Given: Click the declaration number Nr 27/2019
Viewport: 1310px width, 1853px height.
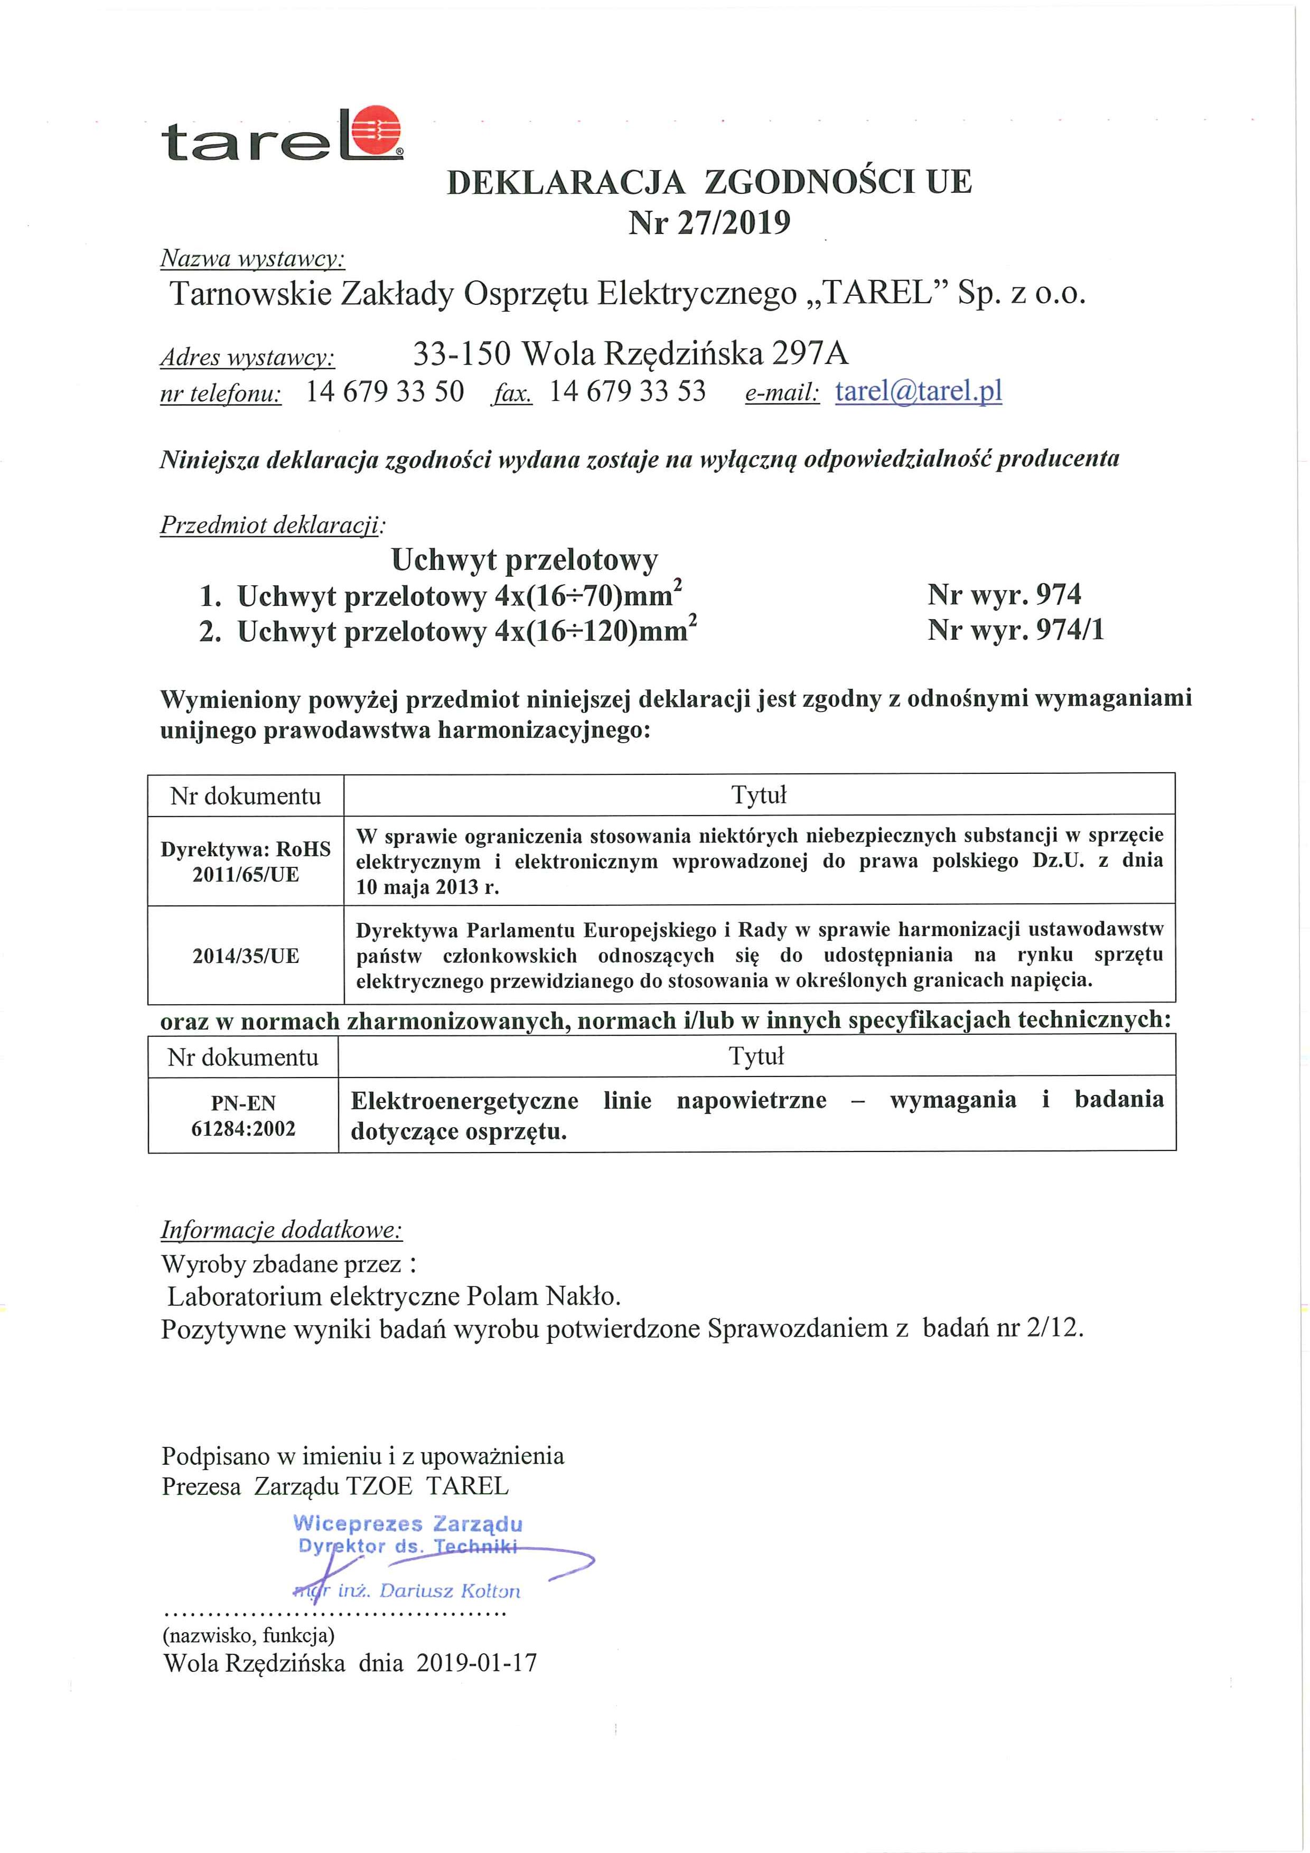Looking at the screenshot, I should coord(709,222).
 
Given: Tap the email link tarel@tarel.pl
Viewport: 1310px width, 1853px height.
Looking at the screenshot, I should coord(918,391).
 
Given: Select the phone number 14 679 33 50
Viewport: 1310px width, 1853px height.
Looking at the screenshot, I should coord(385,391).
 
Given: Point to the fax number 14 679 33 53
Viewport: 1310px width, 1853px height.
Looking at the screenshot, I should coord(627,391).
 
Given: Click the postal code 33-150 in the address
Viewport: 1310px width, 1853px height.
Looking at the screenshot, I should coord(461,353).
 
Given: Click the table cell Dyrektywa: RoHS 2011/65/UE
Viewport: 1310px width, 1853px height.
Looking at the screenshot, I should coord(246,861).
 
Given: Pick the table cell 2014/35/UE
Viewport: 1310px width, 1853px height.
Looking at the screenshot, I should coord(246,956).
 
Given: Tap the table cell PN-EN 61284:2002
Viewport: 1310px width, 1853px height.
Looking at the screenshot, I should coord(243,1116).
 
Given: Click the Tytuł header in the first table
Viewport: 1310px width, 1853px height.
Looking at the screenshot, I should coord(759,795).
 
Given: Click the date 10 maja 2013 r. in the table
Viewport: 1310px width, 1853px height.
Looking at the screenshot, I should coord(428,887).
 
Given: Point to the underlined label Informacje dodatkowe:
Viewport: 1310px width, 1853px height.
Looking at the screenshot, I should coord(282,1230).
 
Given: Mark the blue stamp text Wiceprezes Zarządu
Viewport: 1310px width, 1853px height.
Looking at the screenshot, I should coord(408,1524).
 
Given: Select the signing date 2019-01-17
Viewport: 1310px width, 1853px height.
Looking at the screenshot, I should coord(477,1663).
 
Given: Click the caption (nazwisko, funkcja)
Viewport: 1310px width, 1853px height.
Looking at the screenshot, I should coord(249,1635).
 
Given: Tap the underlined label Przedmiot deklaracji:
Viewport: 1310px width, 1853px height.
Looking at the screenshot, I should coord(272,526).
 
